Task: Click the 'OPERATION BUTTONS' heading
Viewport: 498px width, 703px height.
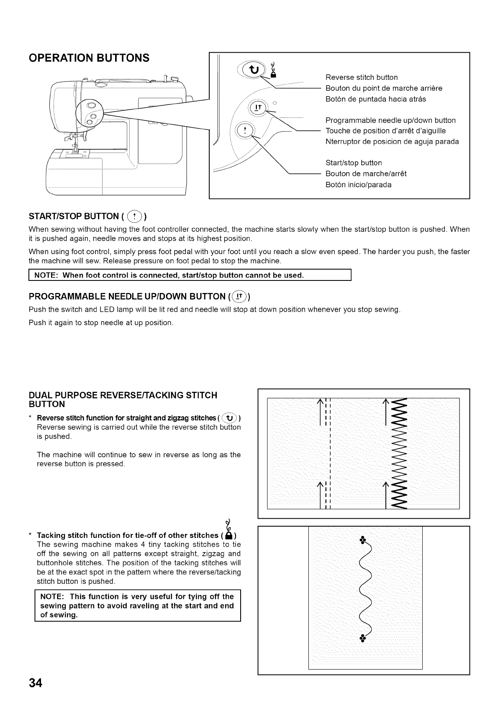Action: coord(89,58)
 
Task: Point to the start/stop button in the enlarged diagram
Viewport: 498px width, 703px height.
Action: coord(245,130)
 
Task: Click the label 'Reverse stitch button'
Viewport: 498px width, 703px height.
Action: coord(362,77)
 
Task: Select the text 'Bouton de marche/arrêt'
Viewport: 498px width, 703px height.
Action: coord(366,173)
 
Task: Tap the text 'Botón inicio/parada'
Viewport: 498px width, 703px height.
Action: coord(358,184)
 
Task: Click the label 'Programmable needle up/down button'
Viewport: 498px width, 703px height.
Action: coord(390,120)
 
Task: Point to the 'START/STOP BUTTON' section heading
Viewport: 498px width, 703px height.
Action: coord(74,217)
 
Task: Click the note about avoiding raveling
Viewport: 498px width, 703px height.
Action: coord(137,606)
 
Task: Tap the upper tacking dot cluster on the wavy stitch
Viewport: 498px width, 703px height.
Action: coord(363,539)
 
